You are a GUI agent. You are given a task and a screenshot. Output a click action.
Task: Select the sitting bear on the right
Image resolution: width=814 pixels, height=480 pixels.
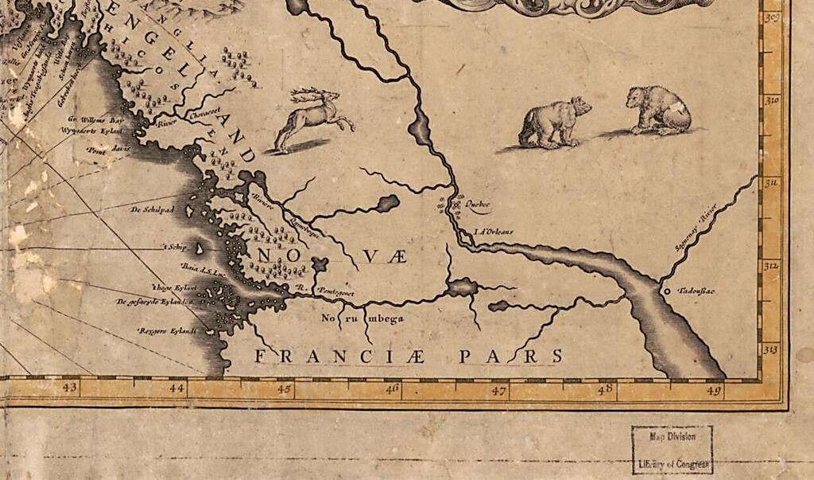pyautogui.click(x=659, y=110)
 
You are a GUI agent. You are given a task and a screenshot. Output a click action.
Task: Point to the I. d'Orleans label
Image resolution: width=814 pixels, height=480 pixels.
pyautogui.click(x=494, y=232)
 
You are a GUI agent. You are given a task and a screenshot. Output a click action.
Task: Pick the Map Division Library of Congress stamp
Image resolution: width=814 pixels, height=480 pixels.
pyautogui.click(x=672, y=450)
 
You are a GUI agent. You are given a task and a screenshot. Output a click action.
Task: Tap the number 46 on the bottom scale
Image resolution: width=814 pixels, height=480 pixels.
pyautogui.click(x=392, y=388)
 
